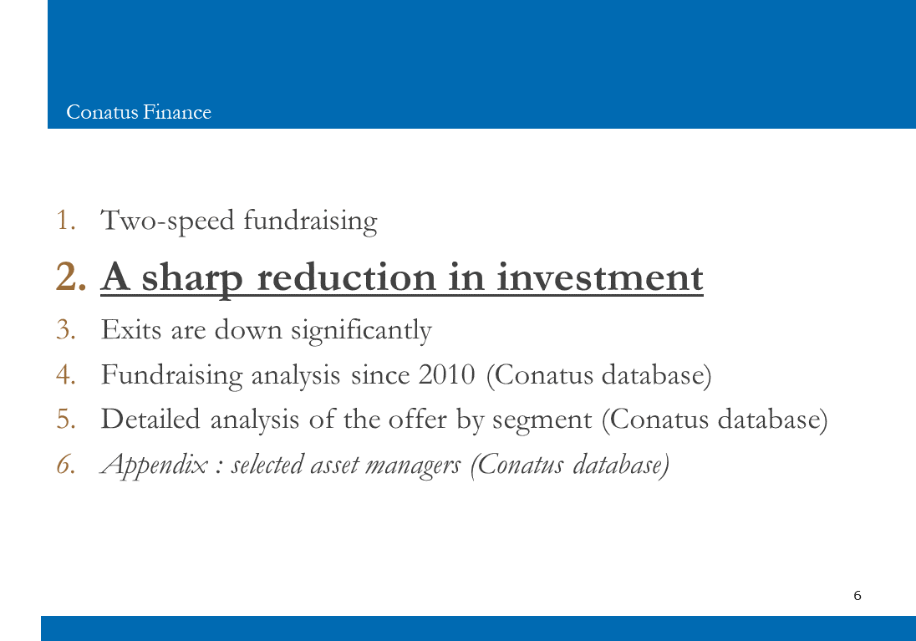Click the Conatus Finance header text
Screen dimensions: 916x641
click(x=139, y=112)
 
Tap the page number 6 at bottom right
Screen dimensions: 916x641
click(x=857, y=595)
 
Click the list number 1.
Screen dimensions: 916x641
click(x=66, y=221)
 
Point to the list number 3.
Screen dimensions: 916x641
click(x=66, y=330)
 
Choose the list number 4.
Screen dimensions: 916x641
click(x=66, y=375)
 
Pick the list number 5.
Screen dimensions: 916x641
click(x=66, y=420)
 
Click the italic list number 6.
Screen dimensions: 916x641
click(x=66, y=465)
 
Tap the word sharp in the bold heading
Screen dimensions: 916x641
click(x=192, y=278)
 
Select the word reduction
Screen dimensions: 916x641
click(x=346, y=277)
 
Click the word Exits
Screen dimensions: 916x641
click(x=131, y=330)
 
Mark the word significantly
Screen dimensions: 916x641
click(x=362, y=331)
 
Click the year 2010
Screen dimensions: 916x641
click(x=447, y=375)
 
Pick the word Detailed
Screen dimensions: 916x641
click(x=150, y=420)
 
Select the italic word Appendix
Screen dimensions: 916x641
click(x=155, y=465)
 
